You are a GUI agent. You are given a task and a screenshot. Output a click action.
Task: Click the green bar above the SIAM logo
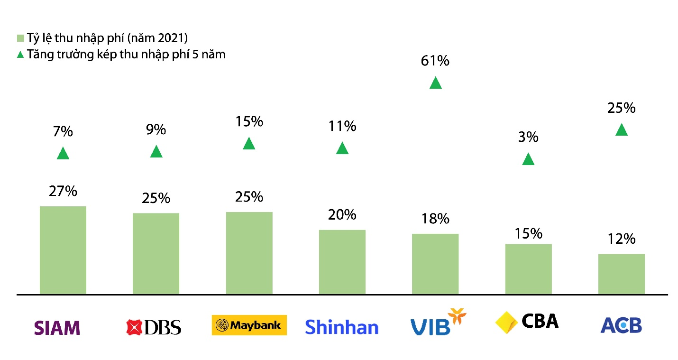click(63, 250)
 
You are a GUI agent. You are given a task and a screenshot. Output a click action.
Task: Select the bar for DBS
click(156, 253)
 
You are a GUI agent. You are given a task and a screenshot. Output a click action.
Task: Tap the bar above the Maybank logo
click(249, 253)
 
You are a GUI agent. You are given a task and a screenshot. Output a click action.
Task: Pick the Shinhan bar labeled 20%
click(342, 262)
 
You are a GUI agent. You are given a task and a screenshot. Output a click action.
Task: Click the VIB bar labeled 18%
click(435, 264)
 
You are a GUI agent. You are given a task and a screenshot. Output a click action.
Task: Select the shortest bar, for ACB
click(622, 274)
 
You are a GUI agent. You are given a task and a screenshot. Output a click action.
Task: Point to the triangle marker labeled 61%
click(436, 83)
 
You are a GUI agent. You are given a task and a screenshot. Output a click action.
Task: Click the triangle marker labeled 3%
click(528, 160)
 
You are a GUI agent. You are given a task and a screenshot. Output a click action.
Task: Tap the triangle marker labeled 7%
click(63, 154)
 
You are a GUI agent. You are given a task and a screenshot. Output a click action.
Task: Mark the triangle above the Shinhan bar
click(342, 148)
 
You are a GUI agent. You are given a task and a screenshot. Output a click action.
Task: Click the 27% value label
click(63, 191)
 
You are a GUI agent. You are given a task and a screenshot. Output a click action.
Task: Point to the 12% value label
click(621, 239)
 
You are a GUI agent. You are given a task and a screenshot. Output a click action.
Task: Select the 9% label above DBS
click(156, 129)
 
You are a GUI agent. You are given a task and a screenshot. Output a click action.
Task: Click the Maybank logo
click(249, 325)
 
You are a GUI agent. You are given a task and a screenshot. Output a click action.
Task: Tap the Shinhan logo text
click(341, 327)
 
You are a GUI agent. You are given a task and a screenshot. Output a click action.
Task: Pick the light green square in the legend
click(20, 38)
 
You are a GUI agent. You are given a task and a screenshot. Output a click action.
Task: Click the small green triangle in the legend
click(20, 55)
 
